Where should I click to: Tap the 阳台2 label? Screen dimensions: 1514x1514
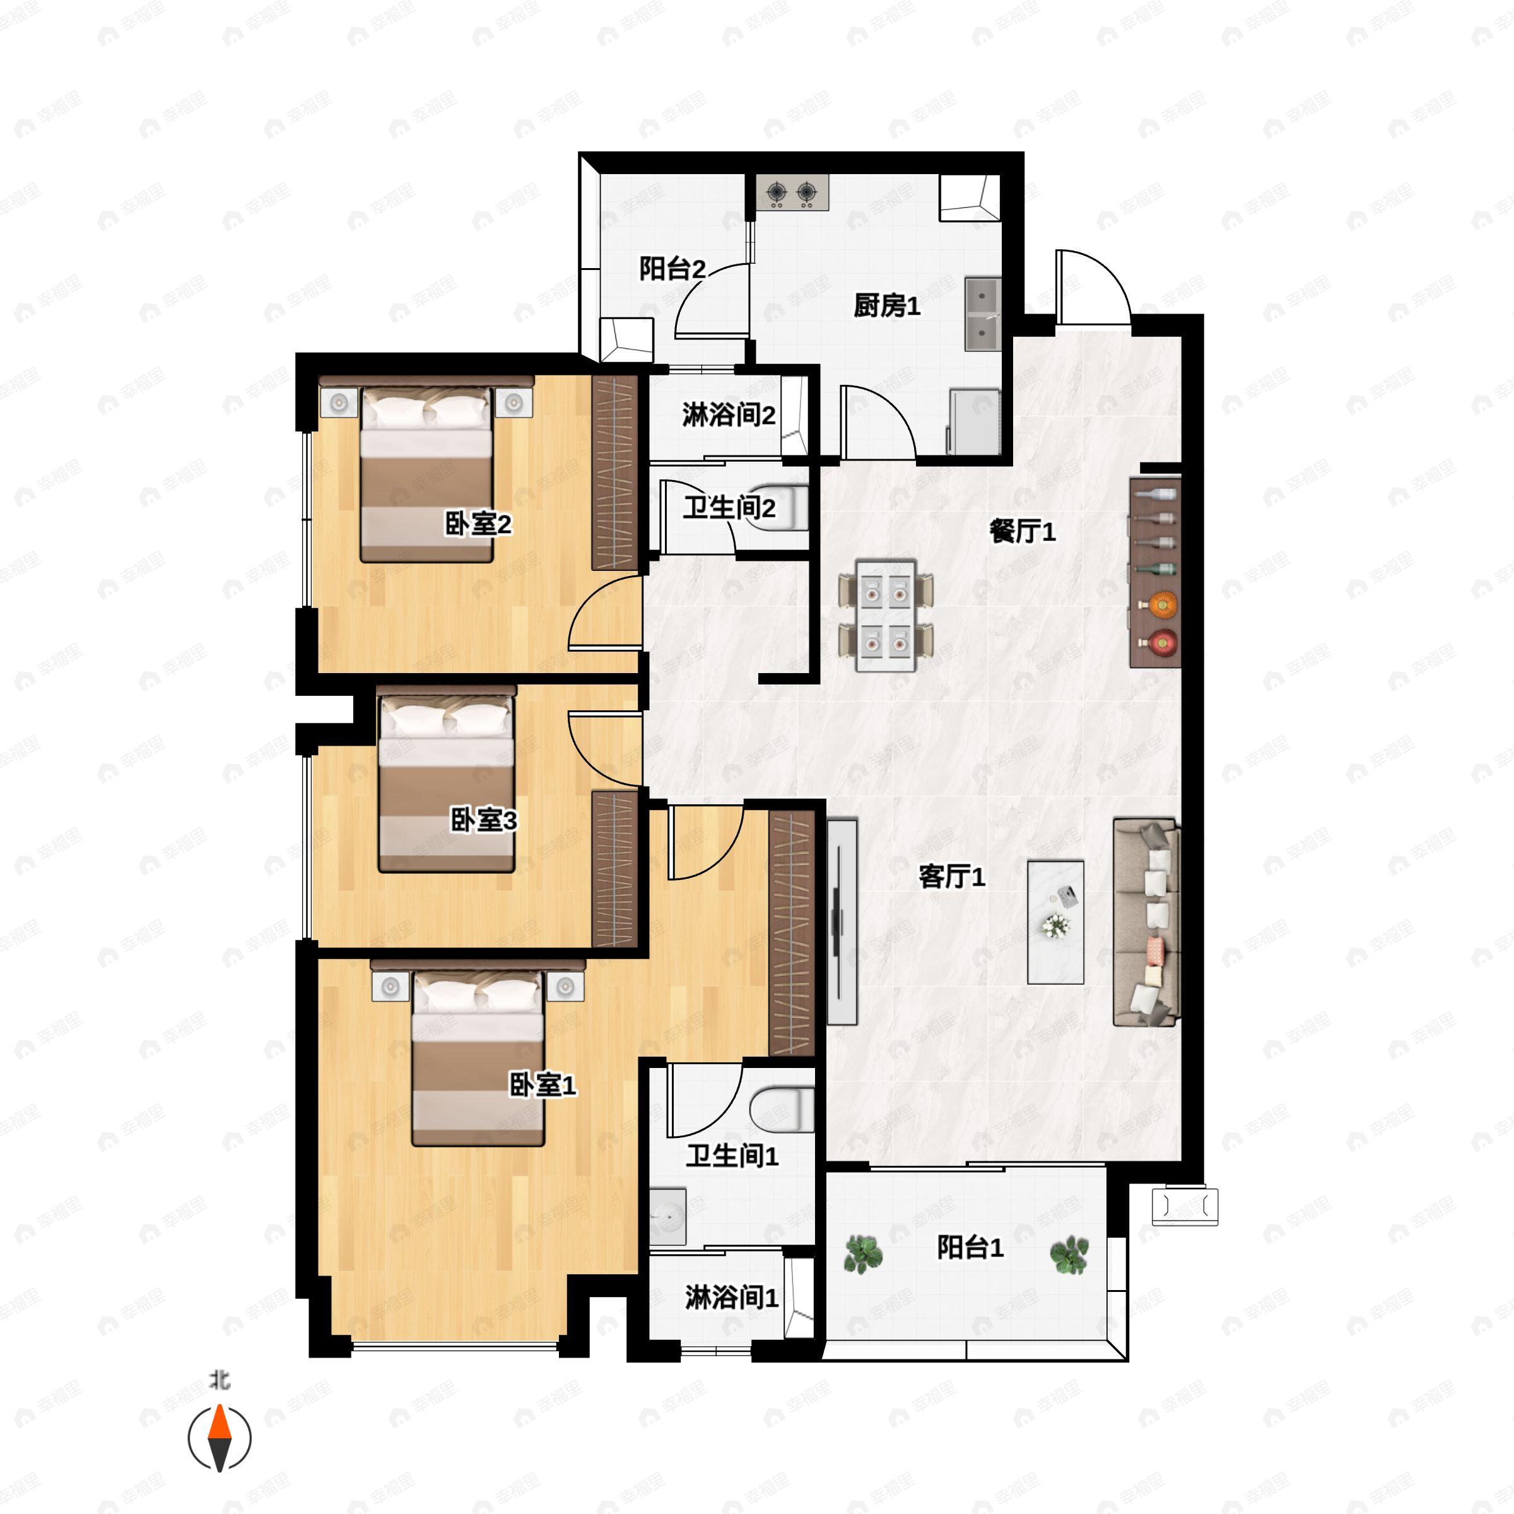click(672, 269)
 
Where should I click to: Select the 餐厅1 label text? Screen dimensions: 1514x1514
click(1022, 532)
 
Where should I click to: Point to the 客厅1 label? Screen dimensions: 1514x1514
click(951, 876)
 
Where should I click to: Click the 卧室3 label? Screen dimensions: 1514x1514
click(483, 821)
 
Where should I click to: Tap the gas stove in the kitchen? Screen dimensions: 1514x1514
click(792, 192)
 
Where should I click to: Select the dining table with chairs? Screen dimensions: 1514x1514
click(886, 615)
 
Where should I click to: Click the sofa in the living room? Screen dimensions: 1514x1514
click(1146, 922)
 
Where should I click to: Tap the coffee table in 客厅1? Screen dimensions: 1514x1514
click(1055, 922)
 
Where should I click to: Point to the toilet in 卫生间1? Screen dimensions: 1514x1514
click(782, 1110)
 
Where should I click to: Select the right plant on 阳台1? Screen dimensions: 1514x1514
click(1069, 1255)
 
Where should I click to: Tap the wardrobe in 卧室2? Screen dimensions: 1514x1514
click(614, 472)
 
